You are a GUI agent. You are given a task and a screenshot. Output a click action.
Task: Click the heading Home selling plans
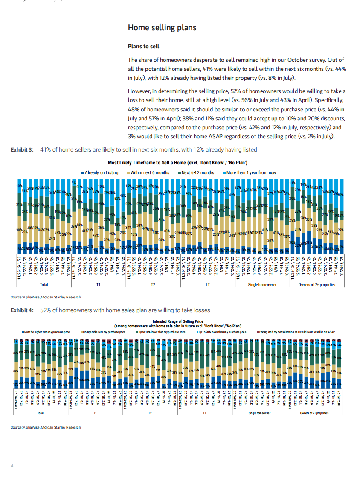pyautogui.click(x=162, y=28)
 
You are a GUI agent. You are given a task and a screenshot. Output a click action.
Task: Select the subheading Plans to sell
pyautogui.click(x=143, y=46)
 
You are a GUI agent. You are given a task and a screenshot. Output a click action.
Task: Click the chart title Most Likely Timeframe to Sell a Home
pyautogui.click(x=178, y=163)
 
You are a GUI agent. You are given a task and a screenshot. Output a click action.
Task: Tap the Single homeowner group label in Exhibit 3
pyautogui.click(x=262, y=284)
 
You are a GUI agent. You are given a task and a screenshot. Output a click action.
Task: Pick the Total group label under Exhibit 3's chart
pyautogui.click(x=43, y=284)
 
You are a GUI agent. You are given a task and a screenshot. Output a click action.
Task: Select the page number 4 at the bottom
pyautogui.click(x=12, y=465)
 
